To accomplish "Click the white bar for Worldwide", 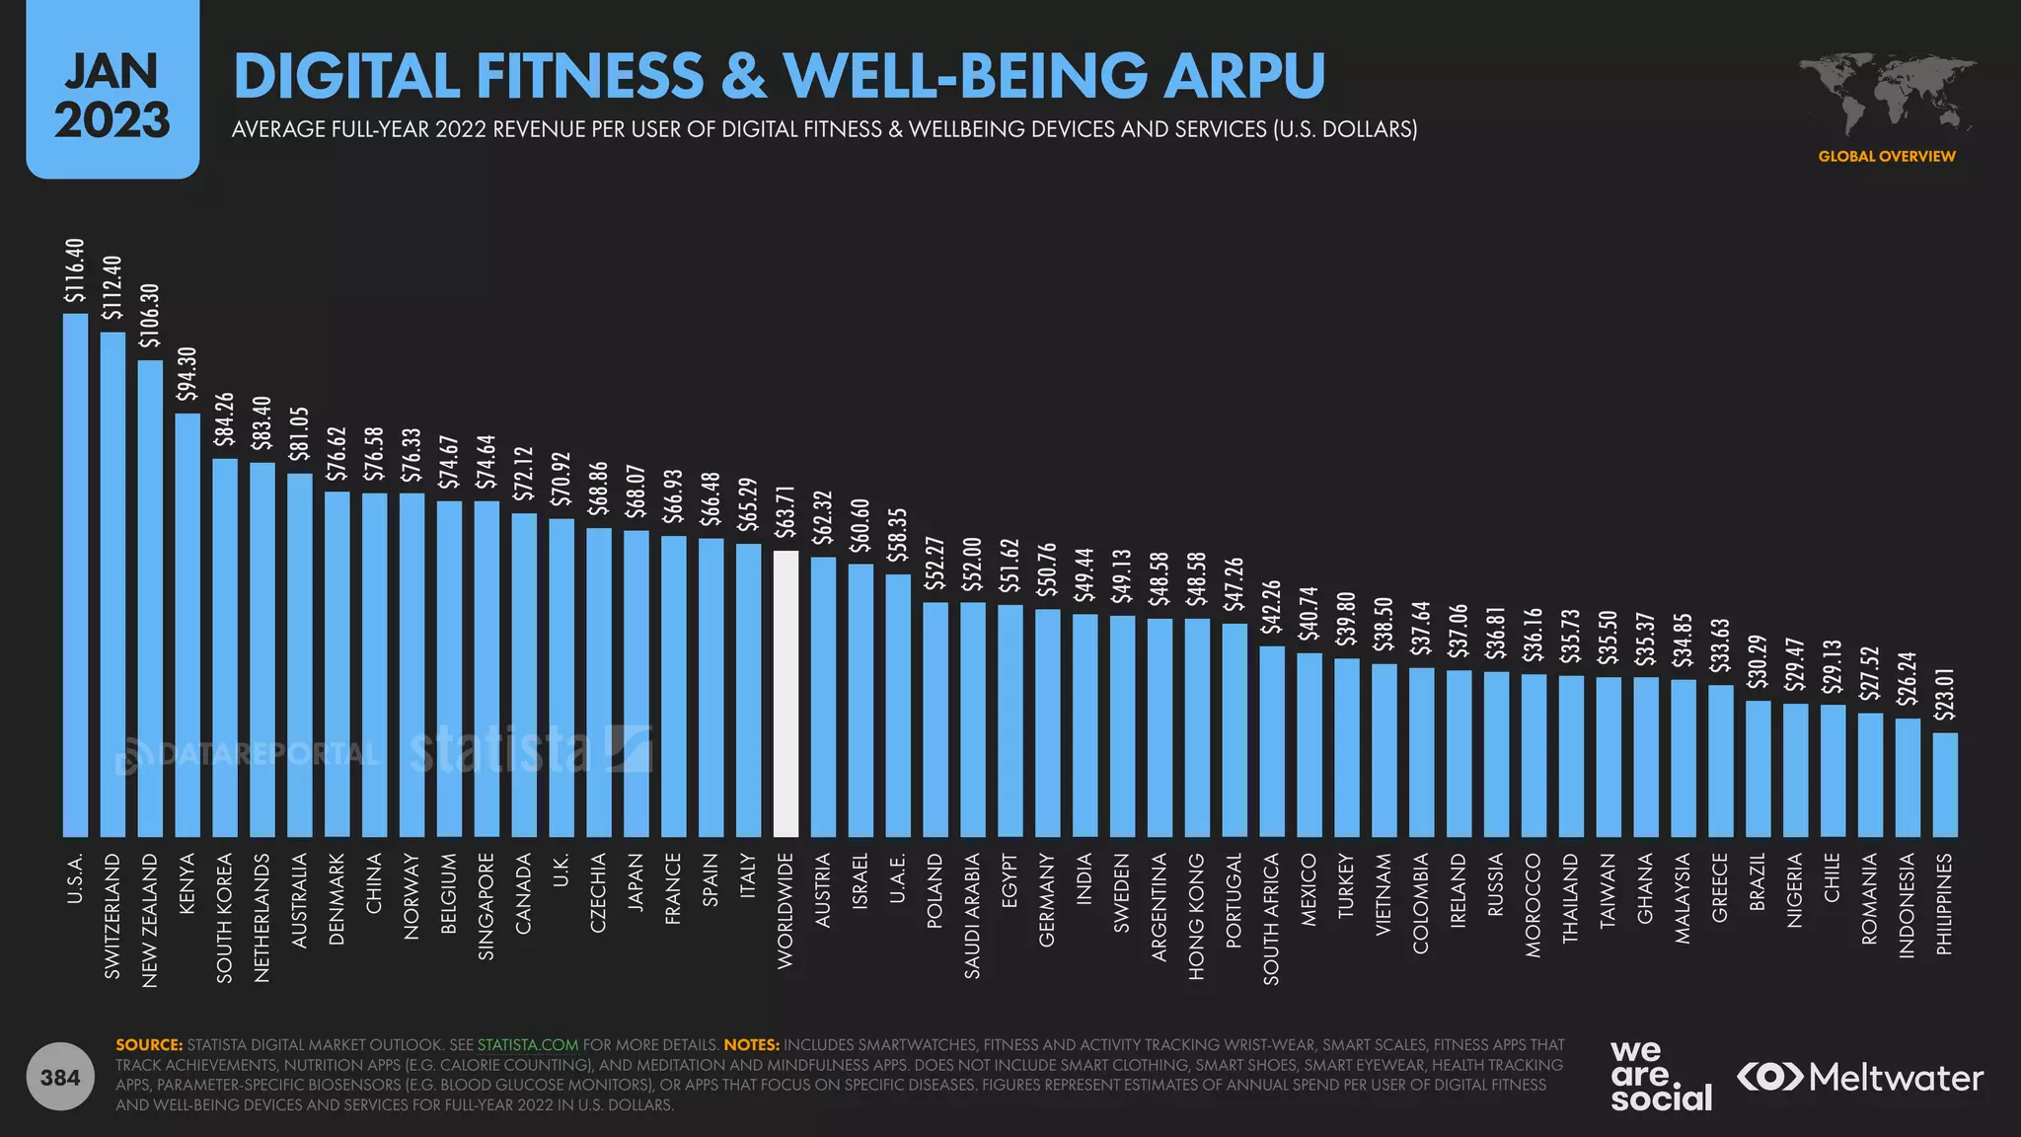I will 786,694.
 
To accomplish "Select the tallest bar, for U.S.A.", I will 75,575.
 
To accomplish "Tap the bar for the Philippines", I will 1945,785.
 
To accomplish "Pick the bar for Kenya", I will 187,625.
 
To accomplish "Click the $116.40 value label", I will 75,270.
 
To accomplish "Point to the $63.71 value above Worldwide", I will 786,511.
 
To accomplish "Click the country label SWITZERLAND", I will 112,916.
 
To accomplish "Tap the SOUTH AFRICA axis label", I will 1271,919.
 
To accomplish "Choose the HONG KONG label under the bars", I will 1196,916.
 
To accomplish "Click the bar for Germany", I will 1047,723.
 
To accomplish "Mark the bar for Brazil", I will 1758,769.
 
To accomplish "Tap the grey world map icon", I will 1887,95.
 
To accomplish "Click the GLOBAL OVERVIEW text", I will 1887,156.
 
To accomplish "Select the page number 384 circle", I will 60,1077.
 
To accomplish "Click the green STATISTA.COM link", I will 528,1044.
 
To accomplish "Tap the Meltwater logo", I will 1860,1078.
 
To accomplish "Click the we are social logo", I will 1661,1076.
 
